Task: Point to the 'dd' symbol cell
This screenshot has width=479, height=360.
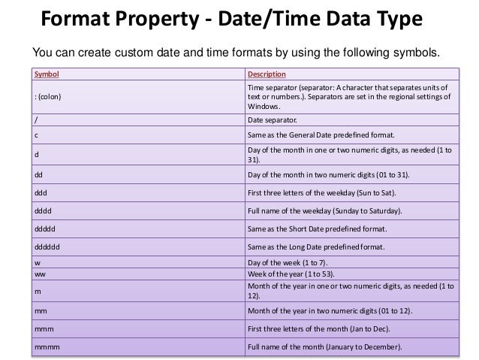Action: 40,174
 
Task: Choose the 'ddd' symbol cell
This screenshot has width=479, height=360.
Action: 41,192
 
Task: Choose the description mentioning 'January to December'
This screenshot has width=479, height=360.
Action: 325,346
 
